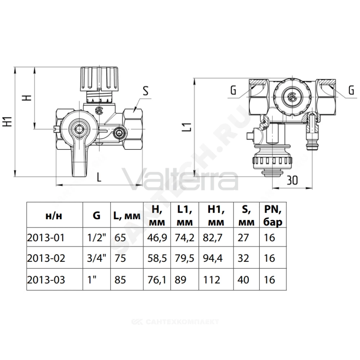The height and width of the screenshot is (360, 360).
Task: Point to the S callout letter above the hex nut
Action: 146,91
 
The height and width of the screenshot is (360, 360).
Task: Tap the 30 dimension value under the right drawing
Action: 292,180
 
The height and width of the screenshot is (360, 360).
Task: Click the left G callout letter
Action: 233,90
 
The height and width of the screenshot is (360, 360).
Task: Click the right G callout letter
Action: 351,90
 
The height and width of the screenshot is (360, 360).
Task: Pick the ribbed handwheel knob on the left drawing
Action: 99,78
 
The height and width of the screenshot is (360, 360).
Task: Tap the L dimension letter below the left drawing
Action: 99,177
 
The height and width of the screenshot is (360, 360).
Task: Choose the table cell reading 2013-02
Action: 46,258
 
